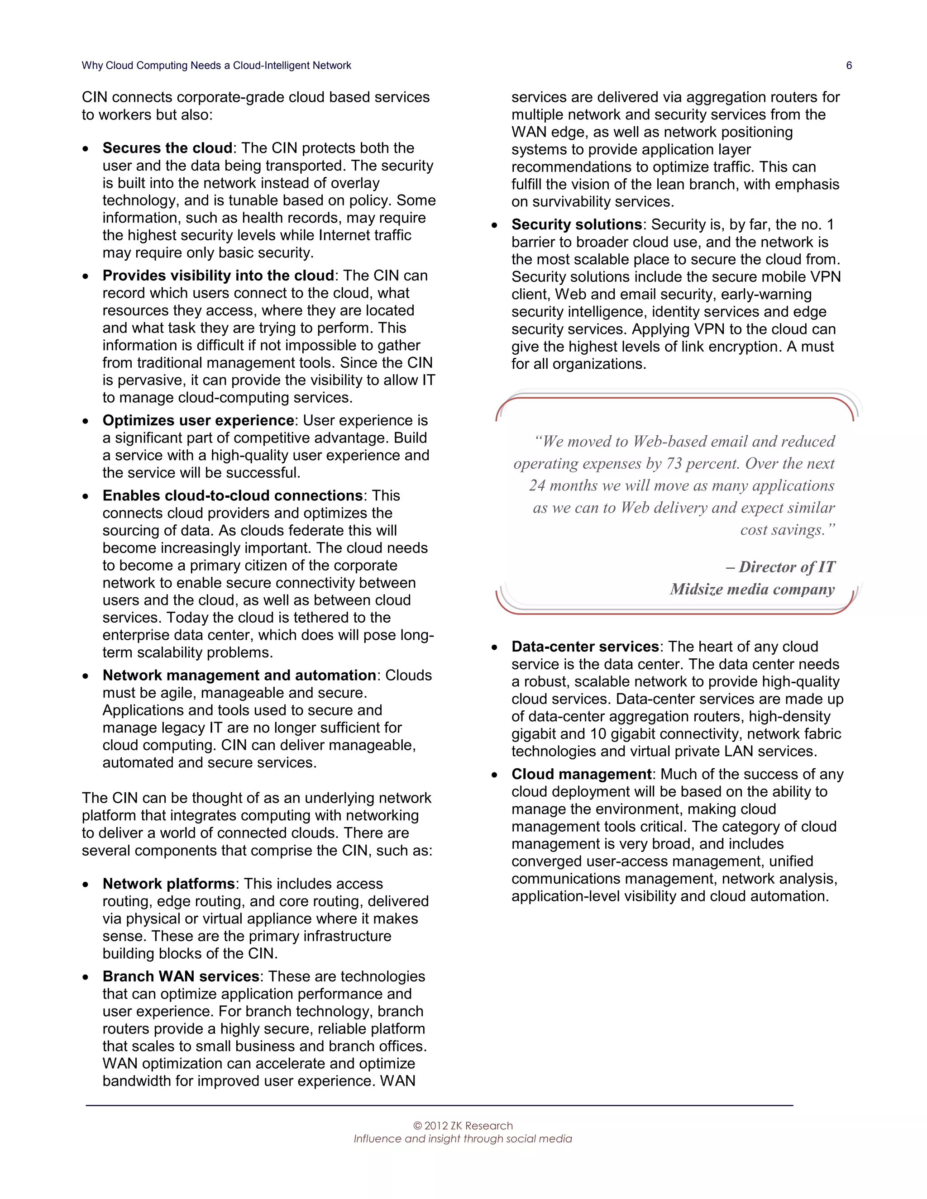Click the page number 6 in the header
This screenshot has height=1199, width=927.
(849, 65)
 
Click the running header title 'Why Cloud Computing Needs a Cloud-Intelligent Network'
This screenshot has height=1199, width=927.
(216, 65)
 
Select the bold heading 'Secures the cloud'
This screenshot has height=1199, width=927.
(167, 148)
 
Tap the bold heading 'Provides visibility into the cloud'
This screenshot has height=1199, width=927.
(218, 276)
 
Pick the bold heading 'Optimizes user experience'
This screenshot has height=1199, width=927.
(198, 420)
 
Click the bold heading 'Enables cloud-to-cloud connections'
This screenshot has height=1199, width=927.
(232, 496)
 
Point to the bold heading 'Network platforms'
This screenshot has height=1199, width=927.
(168, 884)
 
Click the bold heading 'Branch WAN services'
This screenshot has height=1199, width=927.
(181, 977)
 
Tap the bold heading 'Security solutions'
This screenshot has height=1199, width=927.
(577, 224)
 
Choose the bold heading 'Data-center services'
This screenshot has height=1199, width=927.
(585, 647)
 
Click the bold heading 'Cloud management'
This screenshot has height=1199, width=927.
(581, 774)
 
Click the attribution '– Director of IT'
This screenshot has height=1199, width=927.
(780, 567)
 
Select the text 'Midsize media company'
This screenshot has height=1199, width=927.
(752, 590)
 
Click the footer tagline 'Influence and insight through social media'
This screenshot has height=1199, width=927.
(463, 1139)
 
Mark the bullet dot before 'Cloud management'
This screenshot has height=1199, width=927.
(494, 776)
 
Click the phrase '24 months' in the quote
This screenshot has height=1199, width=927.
(564, 486)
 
